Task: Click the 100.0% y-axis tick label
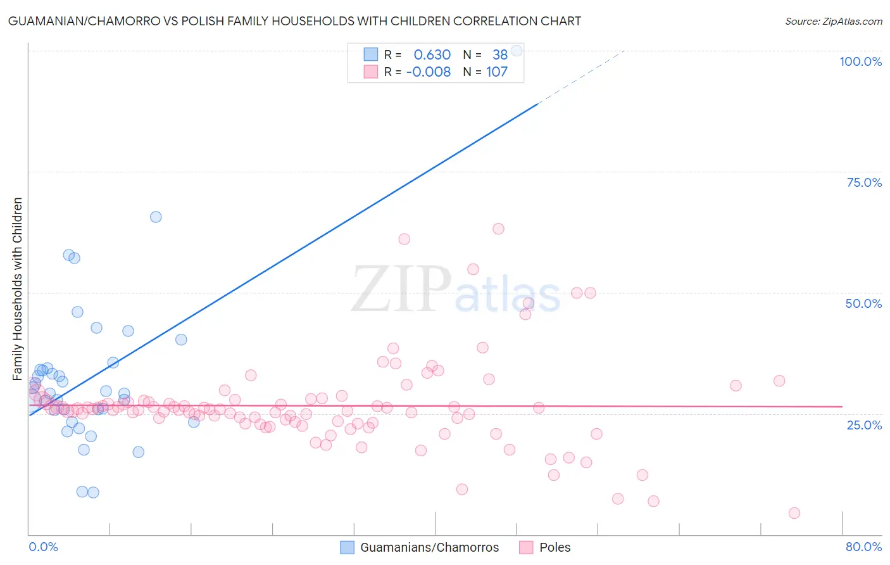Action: click(860, 61)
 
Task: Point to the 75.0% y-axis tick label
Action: click(864, 182)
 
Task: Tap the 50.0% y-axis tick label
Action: click(863, 303)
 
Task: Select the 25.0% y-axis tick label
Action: click(864, 425)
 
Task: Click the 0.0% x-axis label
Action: click(43, 547)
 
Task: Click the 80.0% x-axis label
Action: click(863, 547)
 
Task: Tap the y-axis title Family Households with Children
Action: click(18, 289)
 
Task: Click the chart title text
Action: click(294, 21)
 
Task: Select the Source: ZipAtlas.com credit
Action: click(833, 21)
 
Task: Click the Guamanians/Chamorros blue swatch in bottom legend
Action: click(347, 547)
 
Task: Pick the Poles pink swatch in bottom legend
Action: click(526, 547)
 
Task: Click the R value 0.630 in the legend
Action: click(432, 54)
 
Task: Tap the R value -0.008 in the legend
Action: click(428, 72)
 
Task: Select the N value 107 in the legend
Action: click(496, 72)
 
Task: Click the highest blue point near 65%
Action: click(156, 217)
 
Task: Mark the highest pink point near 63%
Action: click(498, 229)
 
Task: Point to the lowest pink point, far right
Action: click(794, 513)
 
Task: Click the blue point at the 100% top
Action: click(517, 51)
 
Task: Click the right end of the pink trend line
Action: click(842, 406)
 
